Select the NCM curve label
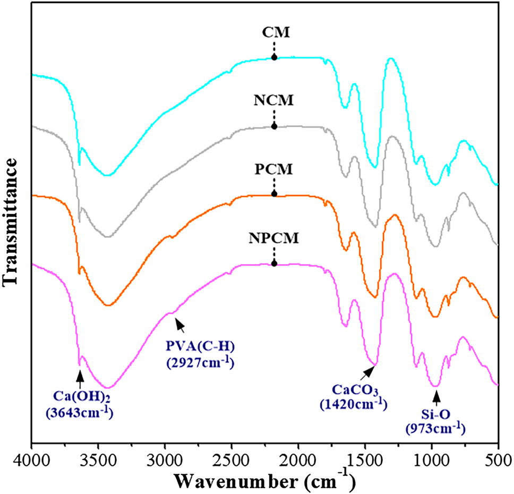[x=274, y=100]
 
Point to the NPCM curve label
[x=274, y=239]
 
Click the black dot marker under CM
[x=274, y=57]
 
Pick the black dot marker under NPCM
[x=274, y=263]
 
